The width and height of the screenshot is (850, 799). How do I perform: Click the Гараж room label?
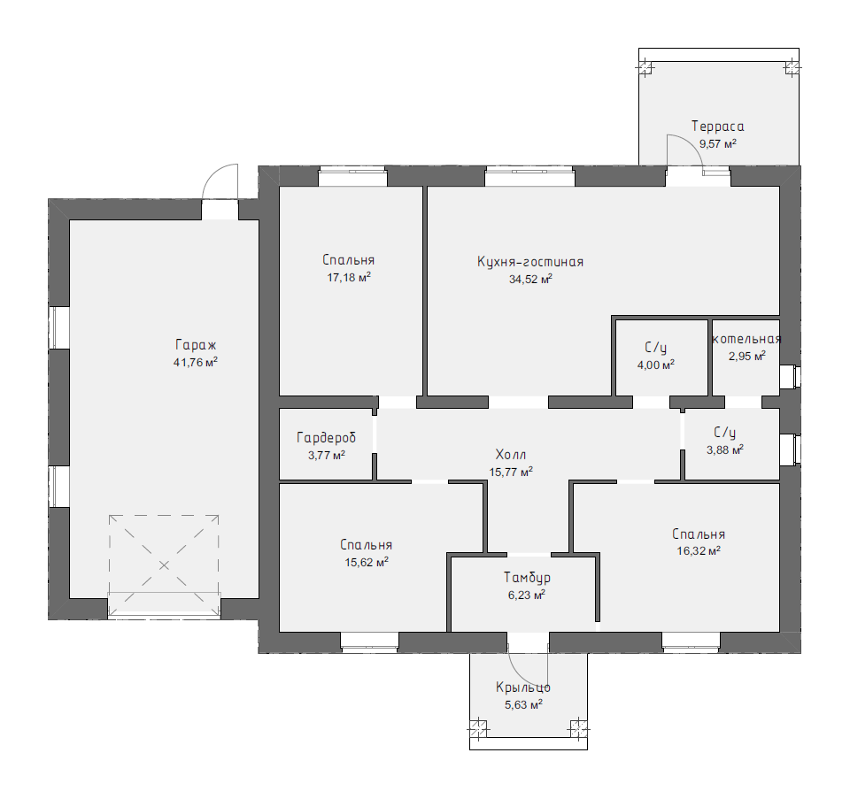196,346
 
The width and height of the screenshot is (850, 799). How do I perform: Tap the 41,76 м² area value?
196,363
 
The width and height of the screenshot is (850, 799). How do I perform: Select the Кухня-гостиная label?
530,262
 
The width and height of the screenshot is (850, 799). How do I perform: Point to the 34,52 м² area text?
530,280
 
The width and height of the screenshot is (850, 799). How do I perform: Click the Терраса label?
718,127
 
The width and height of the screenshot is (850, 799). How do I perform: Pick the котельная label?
746,339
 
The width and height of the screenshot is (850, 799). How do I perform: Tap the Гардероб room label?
327,438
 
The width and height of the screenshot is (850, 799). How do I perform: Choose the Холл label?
511,455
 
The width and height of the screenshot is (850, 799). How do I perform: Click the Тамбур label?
527,578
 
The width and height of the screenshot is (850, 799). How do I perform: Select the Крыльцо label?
523,688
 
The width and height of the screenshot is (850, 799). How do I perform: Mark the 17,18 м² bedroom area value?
349,278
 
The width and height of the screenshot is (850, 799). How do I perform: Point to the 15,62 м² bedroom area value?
367,562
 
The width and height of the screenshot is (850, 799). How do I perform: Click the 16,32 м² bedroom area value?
699,551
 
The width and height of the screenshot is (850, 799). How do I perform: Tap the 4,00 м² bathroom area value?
656,365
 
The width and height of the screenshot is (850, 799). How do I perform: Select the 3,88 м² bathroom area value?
725,449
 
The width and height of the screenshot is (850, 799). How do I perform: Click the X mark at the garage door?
164,565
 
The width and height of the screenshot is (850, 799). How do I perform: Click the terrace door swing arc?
692,142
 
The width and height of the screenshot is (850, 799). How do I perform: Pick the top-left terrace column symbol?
645,68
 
